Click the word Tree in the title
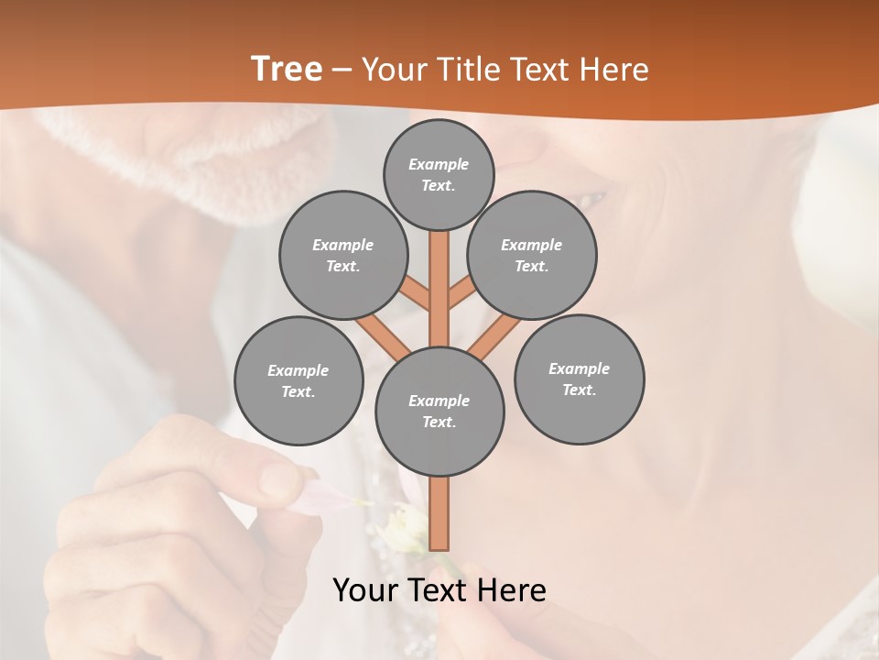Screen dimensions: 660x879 pos(287,69)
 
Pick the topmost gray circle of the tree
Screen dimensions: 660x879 pos(439,174)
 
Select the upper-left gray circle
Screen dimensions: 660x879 pos(342,255)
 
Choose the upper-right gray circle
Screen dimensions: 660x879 pos(532,255)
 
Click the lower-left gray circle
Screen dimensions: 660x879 pos(298,380)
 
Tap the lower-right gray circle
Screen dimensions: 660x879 pos(579,379)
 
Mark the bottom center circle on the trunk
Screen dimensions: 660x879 pos(439,412)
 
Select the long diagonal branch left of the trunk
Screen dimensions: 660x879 pos(383,333)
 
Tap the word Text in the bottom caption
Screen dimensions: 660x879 pos(436,590)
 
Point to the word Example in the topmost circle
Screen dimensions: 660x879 pos(439,164)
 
